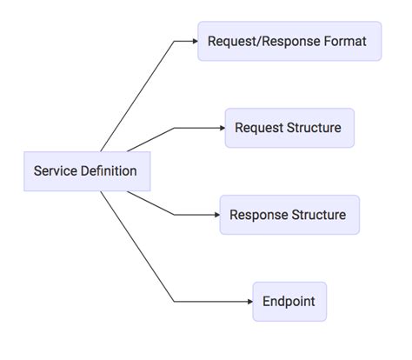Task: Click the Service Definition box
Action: point(86,171)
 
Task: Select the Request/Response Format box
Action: point(289,41)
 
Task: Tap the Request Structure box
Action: point(289,128)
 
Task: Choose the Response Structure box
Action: point(289,215)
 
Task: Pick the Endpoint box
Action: point(289,302)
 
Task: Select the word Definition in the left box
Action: point(109,171)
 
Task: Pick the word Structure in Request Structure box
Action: point(316,128)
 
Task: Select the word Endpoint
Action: point(289,302)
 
